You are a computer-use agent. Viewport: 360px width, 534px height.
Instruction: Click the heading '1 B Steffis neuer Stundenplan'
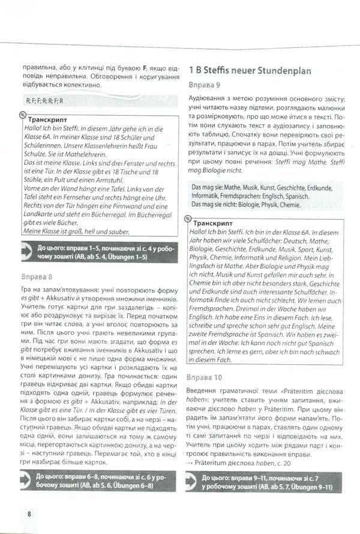pos(250,70)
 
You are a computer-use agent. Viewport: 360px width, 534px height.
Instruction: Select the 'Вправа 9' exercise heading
pos(205,85)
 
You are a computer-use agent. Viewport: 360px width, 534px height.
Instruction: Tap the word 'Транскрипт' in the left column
pos(48,119)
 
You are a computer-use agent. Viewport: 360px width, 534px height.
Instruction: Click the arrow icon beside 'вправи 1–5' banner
pos(27,250)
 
